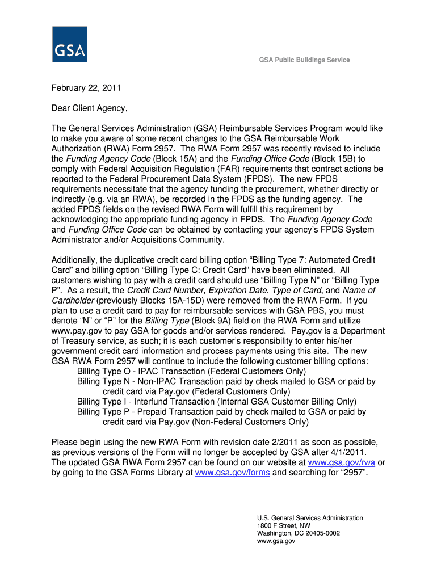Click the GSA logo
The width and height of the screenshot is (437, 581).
click(x=70, y=44)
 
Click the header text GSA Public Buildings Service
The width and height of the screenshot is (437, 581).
click(x=305, y=60)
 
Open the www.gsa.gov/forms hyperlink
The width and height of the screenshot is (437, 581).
click(x=232, y=472)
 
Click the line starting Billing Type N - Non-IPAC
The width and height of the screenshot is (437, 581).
click(x=226, y=381)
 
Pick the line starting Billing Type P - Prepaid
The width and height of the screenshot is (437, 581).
click(x=221, y=412)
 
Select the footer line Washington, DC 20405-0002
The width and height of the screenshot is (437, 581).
click(x=298, y=533)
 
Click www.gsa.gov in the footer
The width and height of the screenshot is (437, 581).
click(x=276, y=541)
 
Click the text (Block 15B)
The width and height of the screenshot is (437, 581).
click(x=329, y=158)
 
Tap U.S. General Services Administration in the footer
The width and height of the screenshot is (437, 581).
click(x=309, y=518)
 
